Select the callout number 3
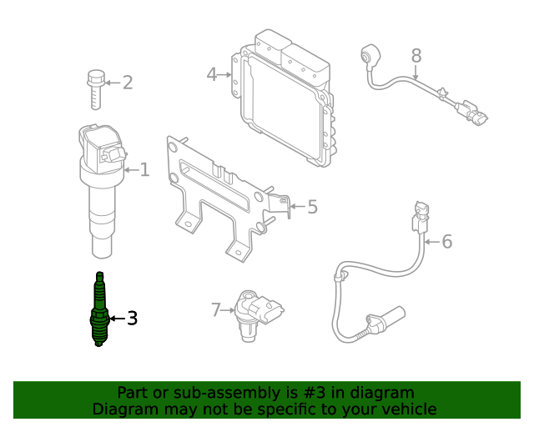tap(131, 318)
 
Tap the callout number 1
tap(144, 170)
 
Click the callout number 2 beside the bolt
tap(128, 82)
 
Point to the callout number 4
tap(212, 75)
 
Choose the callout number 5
tap(312, 206)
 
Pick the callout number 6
tap(446, 242)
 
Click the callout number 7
tap(216, 310)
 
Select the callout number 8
tap(416, 56)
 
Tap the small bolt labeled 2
tap(94, 90)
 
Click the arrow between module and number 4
tap(227, 75)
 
